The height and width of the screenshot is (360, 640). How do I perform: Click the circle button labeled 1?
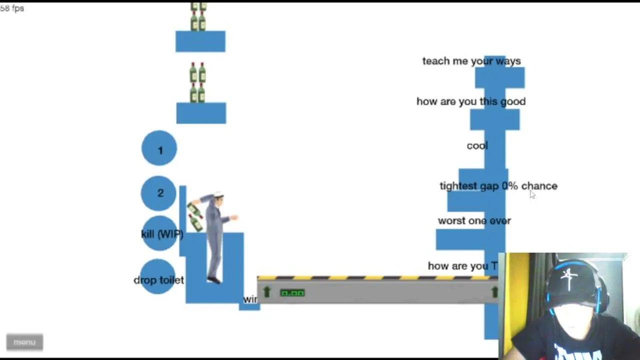click(159, 148)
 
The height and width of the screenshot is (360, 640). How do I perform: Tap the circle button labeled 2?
click(159, 193)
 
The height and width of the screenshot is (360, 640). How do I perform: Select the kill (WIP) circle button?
click(161, 234)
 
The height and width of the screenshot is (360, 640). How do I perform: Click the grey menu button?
click(24, 342)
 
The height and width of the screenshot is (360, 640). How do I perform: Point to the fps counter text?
click(12, 8)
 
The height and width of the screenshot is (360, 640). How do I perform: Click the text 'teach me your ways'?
click(471, 61)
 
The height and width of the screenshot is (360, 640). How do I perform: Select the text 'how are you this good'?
click(470, 101)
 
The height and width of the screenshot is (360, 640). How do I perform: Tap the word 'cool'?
click(477, 145)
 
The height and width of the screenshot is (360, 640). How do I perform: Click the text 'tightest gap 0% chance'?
click(498, 186)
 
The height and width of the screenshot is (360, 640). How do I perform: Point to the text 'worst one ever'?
click(474, 220)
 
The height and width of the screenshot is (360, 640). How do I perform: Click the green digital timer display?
click(292, 293)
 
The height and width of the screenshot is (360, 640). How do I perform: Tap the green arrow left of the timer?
click(266, 292)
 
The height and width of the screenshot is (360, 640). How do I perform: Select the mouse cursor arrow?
click(532, 194)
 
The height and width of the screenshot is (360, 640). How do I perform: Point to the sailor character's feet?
click(214, 279)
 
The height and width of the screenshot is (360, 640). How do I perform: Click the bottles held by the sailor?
click(194, 216)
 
